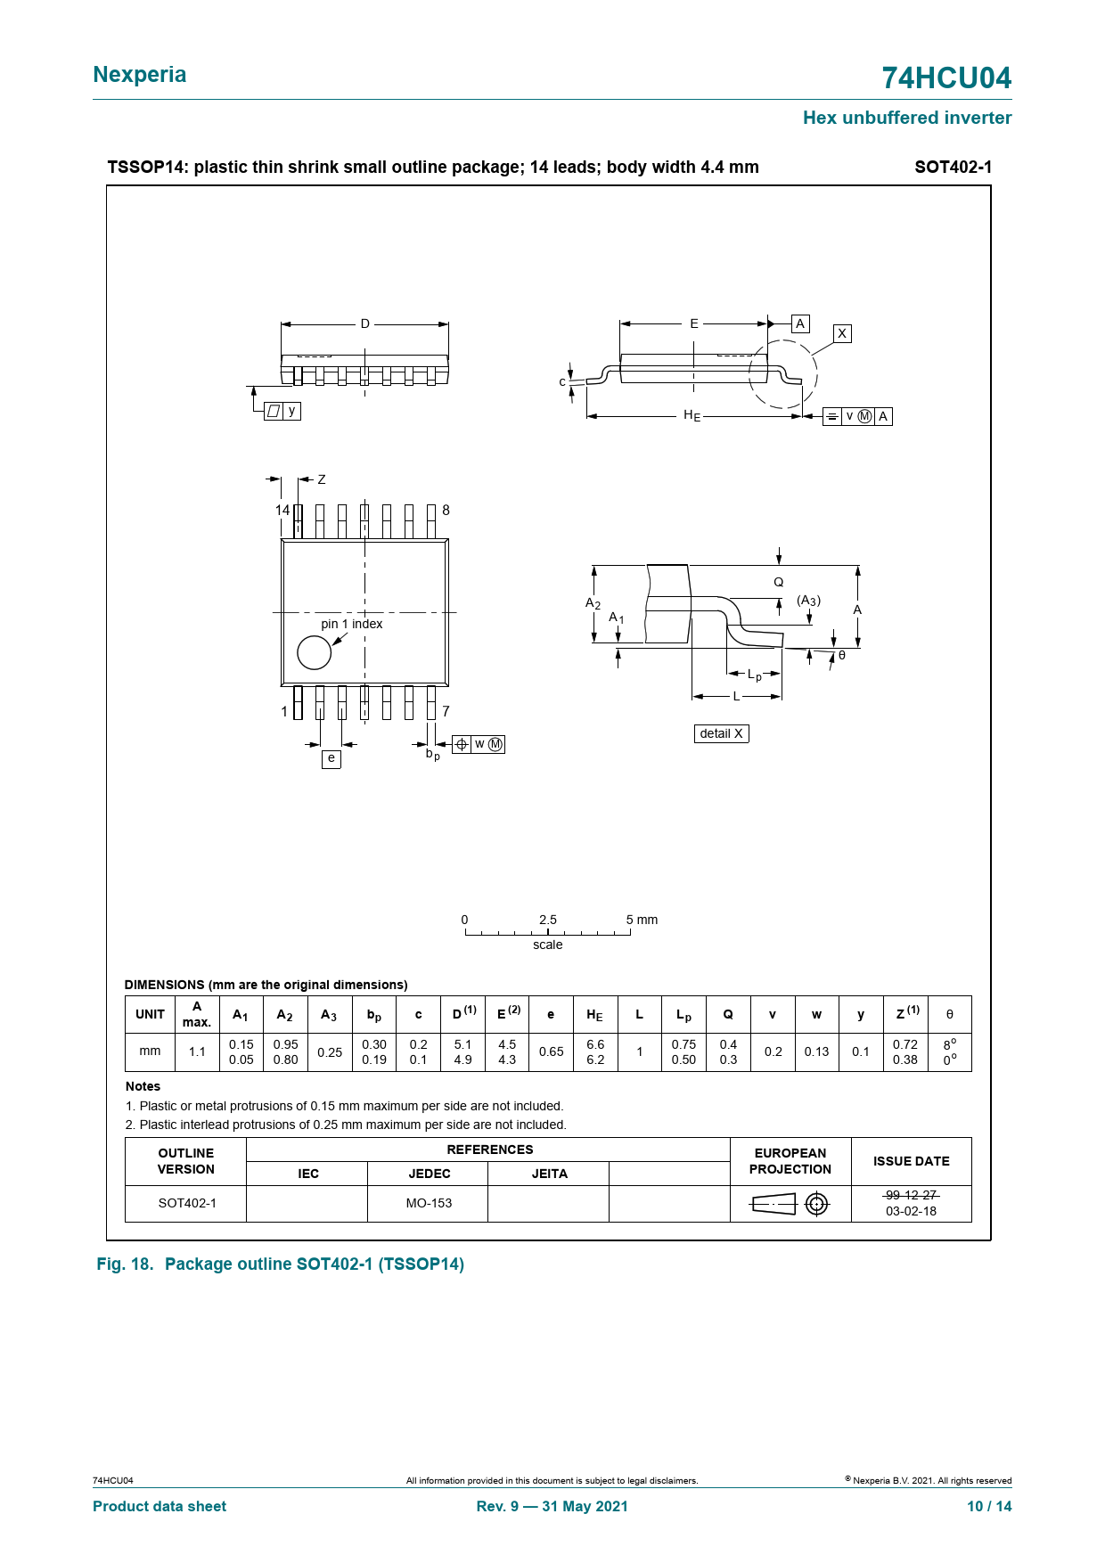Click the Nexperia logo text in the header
(x=140, y=75)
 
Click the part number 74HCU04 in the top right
(x=946, y=78)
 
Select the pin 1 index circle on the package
(x=314, y=652)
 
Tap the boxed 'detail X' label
(x=721, y=733)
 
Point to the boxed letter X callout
(x=842, y=333)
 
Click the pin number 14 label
(x=282, y=511)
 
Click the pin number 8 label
(x=446, y=511)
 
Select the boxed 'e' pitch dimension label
(x=331, y=758)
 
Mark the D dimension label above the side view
(x=365, y=323)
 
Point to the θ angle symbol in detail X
(x=842, y=656)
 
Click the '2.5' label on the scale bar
(x=548, y=920)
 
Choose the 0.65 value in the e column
(x=552, y=1052)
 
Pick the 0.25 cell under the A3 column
(x=330, y=1052)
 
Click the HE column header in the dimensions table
(x=594, y=1015)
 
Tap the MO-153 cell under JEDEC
(x=429, y=1203)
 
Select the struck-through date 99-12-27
(x=911, y=1195)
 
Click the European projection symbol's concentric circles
(x=816, y=1204)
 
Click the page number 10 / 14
(x=989, y=1506)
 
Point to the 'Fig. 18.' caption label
(x=125, y=1264)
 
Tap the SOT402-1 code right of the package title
(x=953, y=167)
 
